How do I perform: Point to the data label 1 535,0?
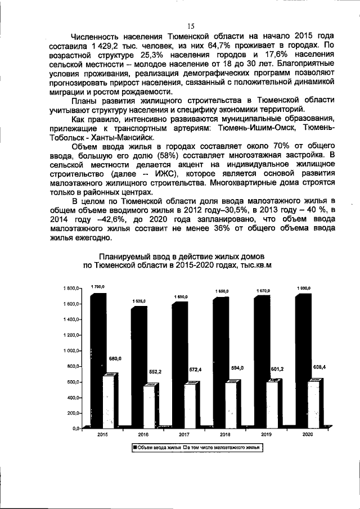click(x=139, y=301)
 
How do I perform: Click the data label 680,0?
click(x=116, y=358)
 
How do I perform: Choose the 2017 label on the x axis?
click(x=184, y=435)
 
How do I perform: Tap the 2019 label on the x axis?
click(x=266, y=435)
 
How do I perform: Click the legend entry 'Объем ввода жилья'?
click(x=157, y=448)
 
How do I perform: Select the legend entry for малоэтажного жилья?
click(x=224, y=448)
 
